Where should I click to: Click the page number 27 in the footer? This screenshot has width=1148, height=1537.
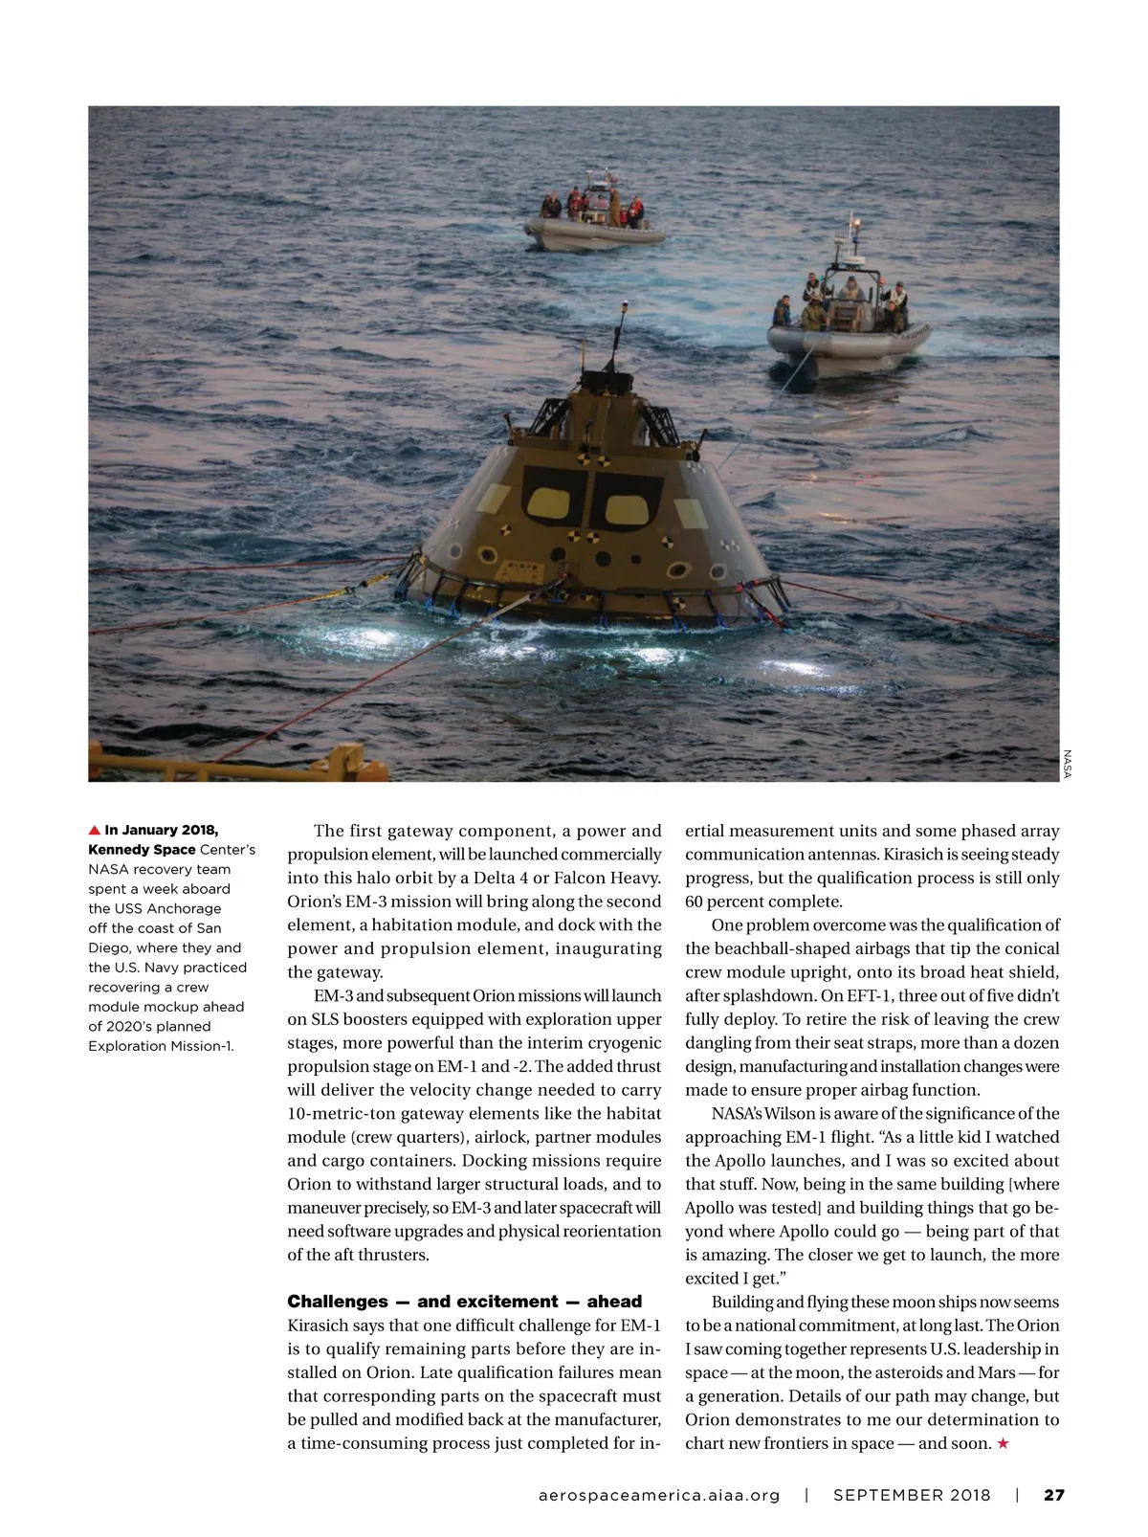point(1053,1495)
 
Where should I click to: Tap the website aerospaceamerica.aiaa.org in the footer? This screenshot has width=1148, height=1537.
point(659,1495)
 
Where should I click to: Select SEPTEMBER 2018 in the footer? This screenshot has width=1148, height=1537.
point(912,1495)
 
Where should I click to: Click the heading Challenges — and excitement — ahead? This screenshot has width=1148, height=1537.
point(464,1302)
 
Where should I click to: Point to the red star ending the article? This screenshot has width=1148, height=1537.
point(1003,1443)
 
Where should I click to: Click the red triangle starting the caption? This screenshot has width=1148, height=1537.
point(94,830)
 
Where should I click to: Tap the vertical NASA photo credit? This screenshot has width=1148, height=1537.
point(1068,764)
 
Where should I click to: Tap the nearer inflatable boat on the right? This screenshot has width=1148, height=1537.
point(848,327)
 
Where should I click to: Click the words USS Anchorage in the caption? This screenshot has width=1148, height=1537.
point(167,908)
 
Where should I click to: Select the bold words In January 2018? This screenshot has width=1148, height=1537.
point(161,830)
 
